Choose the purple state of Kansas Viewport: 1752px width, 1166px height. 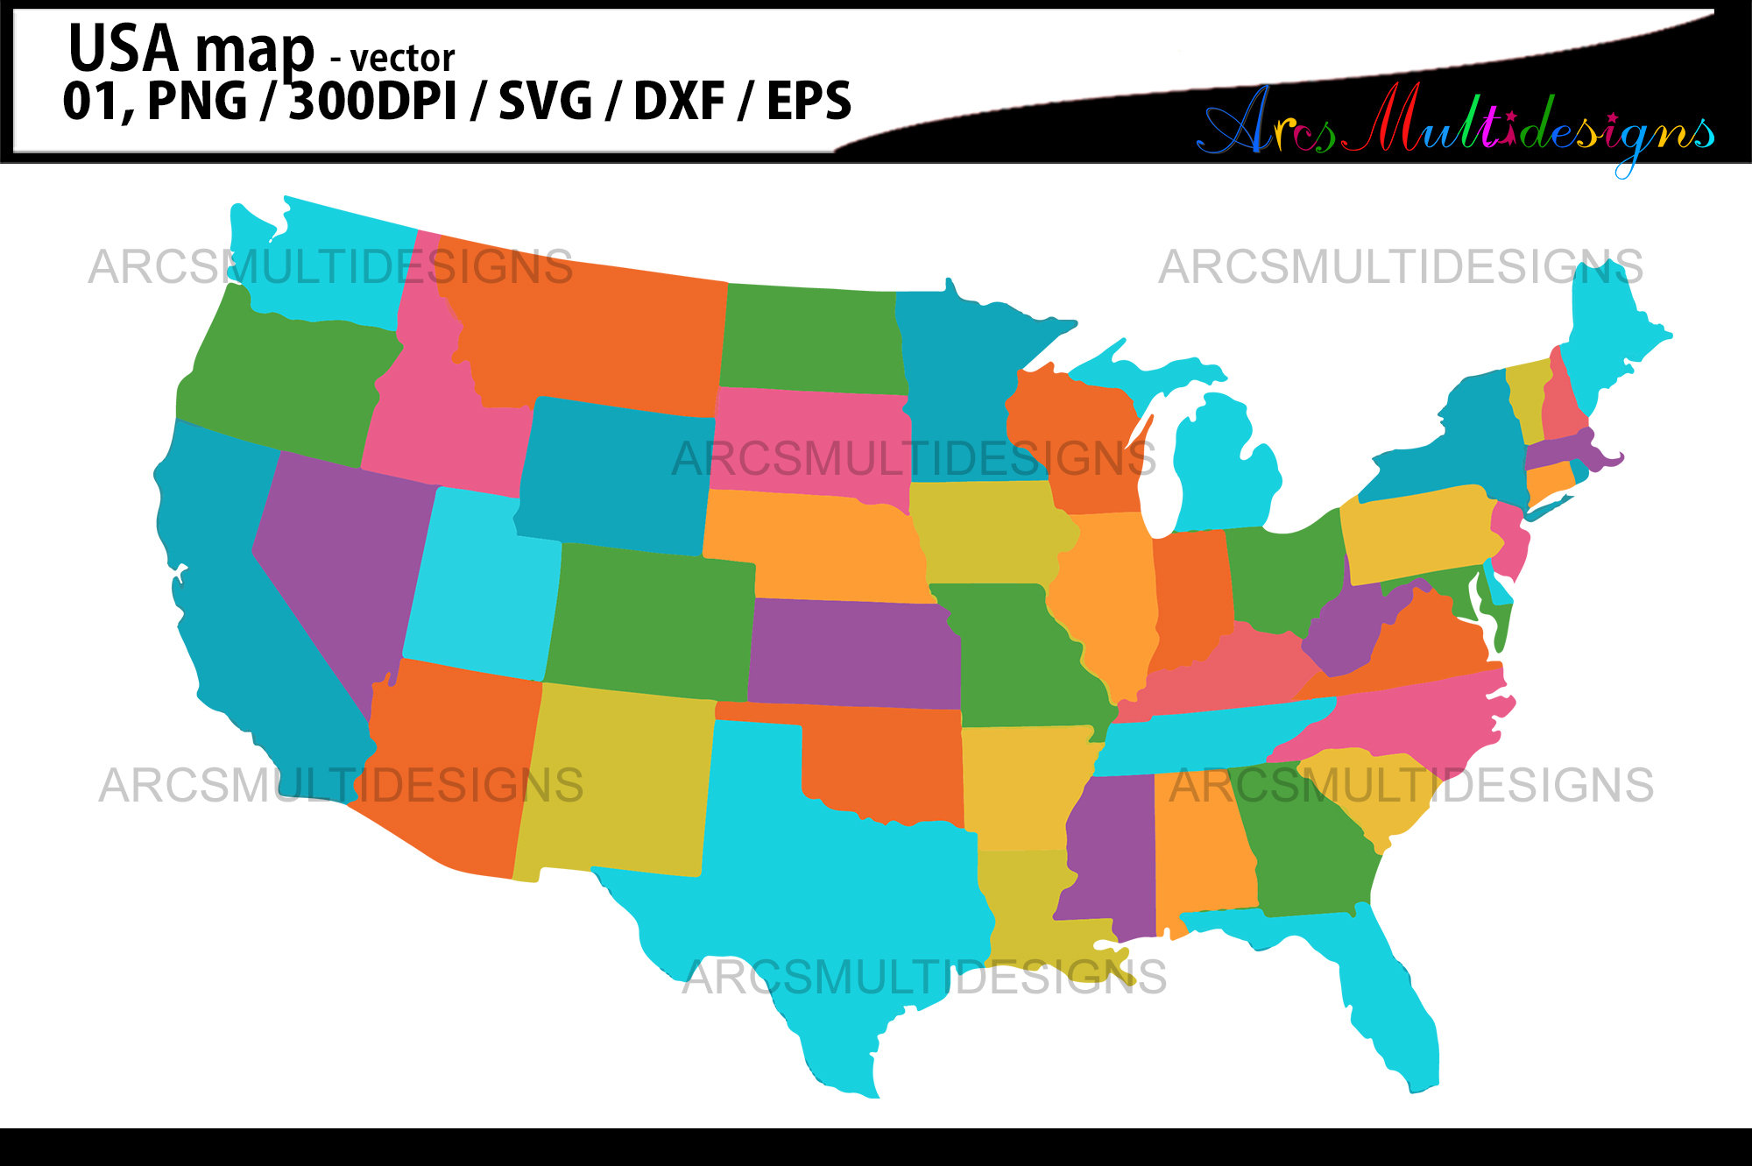850,653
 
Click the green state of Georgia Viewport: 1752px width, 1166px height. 1310,850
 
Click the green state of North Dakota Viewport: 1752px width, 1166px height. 810,337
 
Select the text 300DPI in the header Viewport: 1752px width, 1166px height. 373,101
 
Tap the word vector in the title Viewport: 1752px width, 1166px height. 402,59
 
